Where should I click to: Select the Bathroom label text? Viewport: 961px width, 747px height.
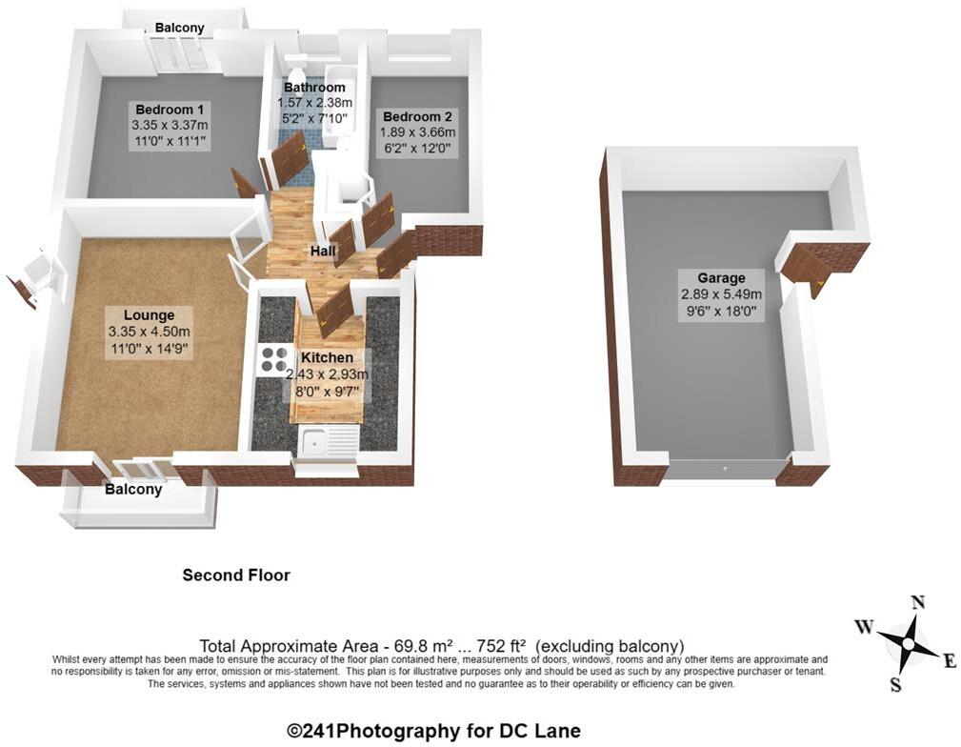(314, 88)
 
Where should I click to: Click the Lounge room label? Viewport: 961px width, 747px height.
(149, 315)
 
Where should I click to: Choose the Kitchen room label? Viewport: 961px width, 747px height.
(327, 357)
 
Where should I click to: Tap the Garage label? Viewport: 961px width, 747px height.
(721, 278)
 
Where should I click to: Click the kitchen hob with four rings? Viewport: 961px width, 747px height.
(274, 358)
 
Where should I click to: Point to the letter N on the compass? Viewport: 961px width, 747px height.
(918, 602)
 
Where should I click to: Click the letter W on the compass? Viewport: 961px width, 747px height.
(864, 626)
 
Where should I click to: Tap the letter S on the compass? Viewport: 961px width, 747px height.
(894, 684)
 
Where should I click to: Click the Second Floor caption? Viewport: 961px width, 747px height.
(236, 575)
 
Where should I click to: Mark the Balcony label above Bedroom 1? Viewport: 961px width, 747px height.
(180, 29)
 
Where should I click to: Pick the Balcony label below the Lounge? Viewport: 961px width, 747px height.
(133, 490)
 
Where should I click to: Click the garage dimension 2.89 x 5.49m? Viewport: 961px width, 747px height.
(721, 294)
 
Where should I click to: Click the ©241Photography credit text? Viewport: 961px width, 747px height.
(433, 732)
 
